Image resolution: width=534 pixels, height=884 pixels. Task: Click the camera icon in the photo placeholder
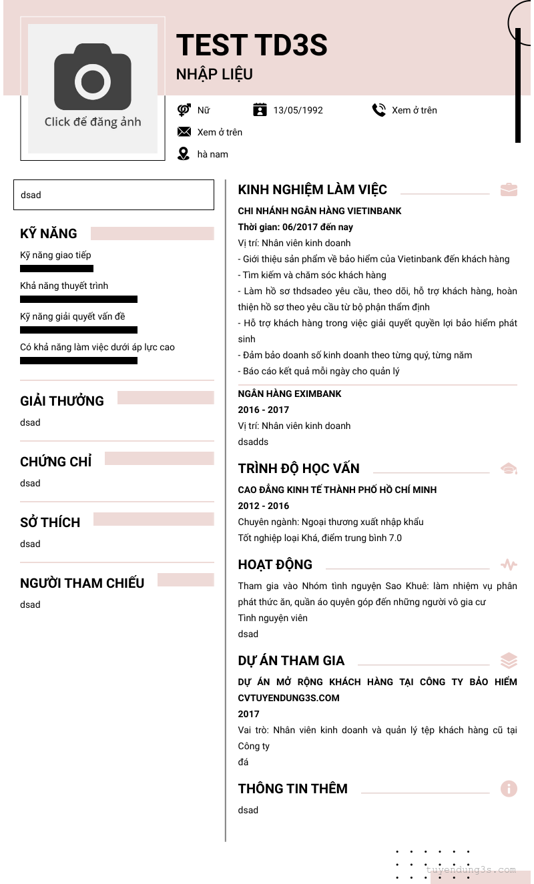tap(93, 77)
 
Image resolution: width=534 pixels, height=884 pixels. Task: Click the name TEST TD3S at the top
tap(252, 45)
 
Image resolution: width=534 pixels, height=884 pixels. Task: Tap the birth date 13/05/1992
tap(298, 110)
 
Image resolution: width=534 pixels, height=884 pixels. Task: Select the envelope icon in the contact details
tap(184, 132)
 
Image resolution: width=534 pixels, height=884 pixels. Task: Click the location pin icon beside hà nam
tap(184, 154)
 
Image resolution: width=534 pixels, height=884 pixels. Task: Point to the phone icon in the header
tap(379, 110)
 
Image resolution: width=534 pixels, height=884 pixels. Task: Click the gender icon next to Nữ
tap(184, 110)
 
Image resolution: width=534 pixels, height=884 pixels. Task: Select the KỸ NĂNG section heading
tap(49, 234)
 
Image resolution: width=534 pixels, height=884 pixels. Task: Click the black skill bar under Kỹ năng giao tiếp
tap(57, 269)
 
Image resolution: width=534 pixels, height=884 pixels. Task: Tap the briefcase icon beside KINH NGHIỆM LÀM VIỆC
tap(509, 189)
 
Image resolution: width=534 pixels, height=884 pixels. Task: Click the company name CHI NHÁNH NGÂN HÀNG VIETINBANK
tap(320, 211)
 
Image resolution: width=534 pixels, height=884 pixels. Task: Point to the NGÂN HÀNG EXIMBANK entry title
tap(290, 394)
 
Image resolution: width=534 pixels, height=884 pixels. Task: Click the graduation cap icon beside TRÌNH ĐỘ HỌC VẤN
tap(509, 468)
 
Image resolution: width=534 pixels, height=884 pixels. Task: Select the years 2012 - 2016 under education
tap(264, 506)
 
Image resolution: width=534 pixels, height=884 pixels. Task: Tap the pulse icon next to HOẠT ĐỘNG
tap(509, 565)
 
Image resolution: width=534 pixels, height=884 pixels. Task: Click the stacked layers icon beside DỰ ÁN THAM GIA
tap(509, 660)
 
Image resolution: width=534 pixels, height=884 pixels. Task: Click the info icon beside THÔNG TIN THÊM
tap(509, 789)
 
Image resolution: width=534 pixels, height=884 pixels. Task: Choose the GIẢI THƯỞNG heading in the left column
tap(62, 401)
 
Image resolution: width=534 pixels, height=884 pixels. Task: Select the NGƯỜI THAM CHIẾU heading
tap(82, 583)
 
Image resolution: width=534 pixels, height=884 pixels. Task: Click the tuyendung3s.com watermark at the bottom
tap(471, 870)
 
